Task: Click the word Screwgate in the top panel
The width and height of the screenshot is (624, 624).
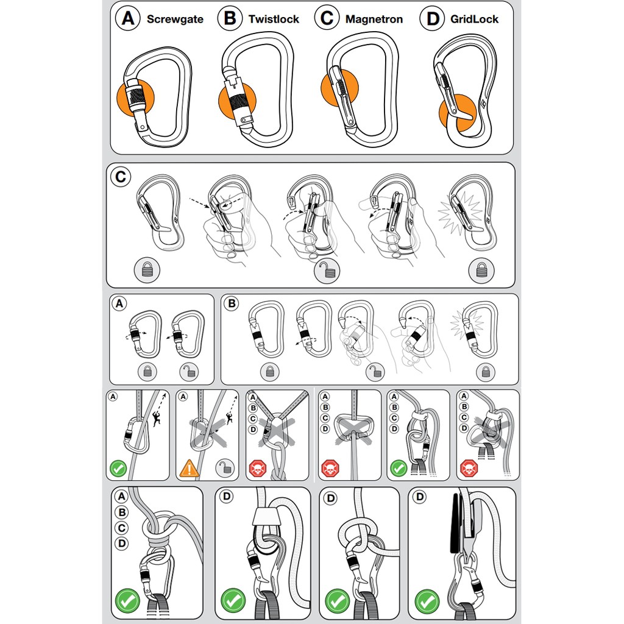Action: click(x=175, y=19)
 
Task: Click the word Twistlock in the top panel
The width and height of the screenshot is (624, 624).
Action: click(x=274, y=19)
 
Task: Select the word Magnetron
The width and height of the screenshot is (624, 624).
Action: click(x=374, y=19)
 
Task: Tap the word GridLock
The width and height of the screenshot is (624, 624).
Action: click(x=474, y=19)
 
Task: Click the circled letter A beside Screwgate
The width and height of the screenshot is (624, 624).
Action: click(x=128, y=18)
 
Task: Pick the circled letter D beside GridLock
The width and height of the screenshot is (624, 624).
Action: click(x=433, y=19)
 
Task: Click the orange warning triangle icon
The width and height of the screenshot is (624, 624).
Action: click(x=189, y=469)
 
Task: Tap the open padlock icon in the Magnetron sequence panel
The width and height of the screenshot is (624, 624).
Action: click(x=327, y=271)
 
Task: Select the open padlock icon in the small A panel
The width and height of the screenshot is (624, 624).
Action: click(x=189, y=372)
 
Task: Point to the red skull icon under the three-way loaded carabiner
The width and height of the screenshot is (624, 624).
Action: click(x=258, y=469)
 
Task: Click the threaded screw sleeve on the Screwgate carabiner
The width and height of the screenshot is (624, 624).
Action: click(x=135, y=96)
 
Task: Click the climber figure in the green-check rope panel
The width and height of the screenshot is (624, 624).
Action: click(x=157, y=419)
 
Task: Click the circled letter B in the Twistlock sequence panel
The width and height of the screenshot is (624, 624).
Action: click(x=231, y=303)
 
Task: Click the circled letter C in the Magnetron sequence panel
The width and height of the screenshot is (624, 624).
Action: click(x=121, y=177)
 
